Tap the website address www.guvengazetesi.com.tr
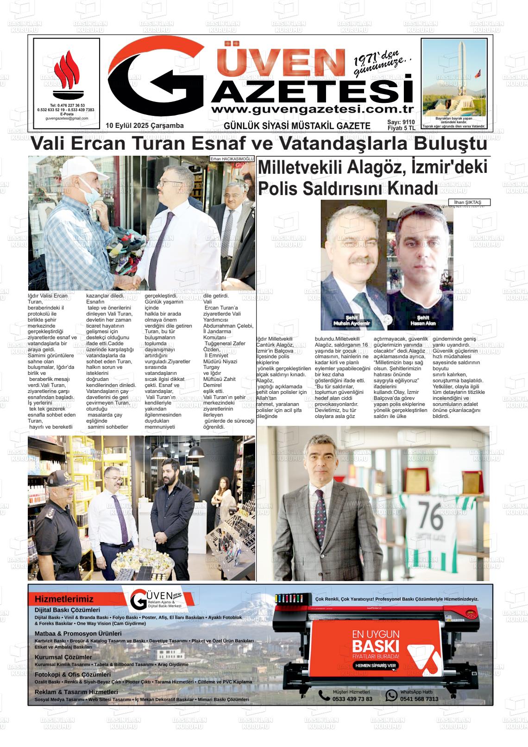312,109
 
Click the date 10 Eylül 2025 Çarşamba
145,126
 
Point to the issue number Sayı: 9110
402,122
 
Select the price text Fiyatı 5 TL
402,128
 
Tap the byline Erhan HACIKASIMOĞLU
232,159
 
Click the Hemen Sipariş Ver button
376,665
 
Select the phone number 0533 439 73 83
352,699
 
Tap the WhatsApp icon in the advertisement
391,695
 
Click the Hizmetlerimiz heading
64,599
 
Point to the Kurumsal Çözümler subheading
63,657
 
